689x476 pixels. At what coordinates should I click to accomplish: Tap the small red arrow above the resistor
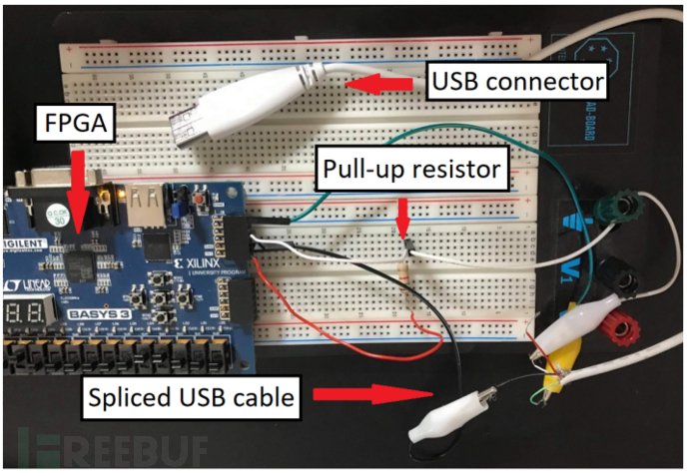pos(401,217)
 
